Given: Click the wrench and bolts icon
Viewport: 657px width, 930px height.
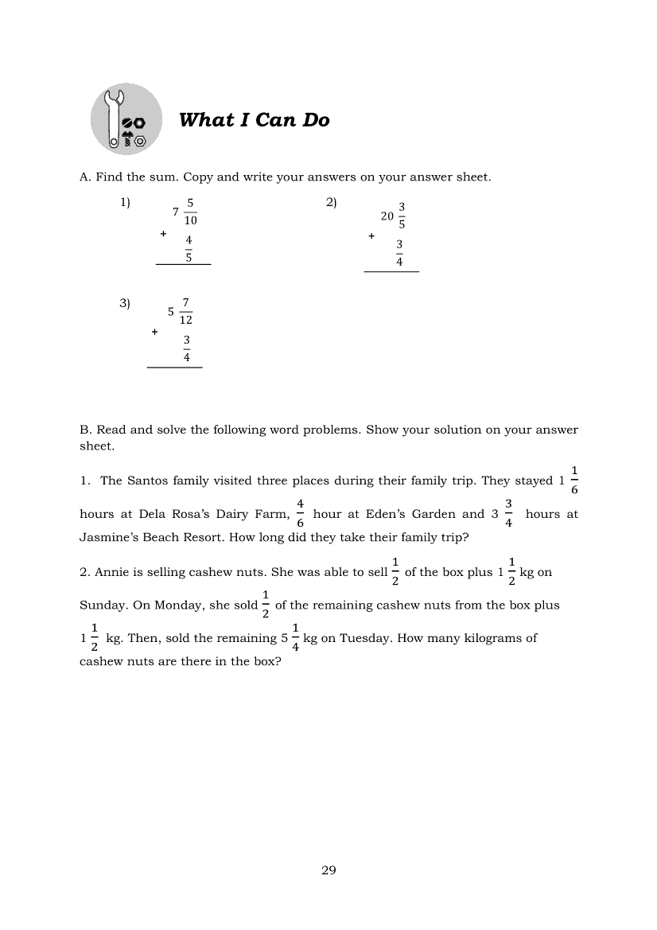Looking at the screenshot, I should [126, 119].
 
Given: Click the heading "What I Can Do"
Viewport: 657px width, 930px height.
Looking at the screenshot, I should [254, 120].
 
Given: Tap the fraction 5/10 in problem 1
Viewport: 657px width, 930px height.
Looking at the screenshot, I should [190, 212].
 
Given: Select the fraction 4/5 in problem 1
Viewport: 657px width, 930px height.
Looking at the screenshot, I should [189, 248].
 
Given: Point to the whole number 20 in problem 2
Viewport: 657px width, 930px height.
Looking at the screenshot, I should [387, 216].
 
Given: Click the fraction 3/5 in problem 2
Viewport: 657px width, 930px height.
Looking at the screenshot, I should [402, 216].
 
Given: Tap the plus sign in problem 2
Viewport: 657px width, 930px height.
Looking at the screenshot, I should [371, 236].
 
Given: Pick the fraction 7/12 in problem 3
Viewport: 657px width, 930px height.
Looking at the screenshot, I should [186, 311].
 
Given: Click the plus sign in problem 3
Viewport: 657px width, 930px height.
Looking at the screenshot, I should [154, 332].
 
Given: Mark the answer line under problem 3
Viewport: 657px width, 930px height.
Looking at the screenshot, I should [175, 368].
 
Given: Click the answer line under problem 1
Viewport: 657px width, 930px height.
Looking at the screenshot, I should [184, 264].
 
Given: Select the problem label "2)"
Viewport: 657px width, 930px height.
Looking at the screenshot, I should [332, 203].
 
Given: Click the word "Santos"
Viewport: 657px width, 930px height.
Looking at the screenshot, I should [146, 481].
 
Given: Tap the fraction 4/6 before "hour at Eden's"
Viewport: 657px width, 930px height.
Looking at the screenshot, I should [301, 514].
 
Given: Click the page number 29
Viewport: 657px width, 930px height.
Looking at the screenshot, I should [328, 870].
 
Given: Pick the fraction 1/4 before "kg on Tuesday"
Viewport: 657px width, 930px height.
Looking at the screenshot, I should [295, 638].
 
